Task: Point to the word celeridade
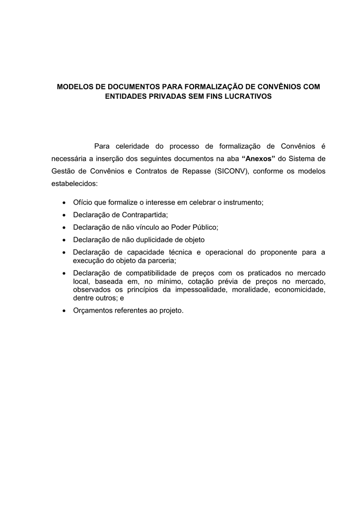(132, 146)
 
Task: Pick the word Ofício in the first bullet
(82, 202)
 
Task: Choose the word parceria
(161, 260)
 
